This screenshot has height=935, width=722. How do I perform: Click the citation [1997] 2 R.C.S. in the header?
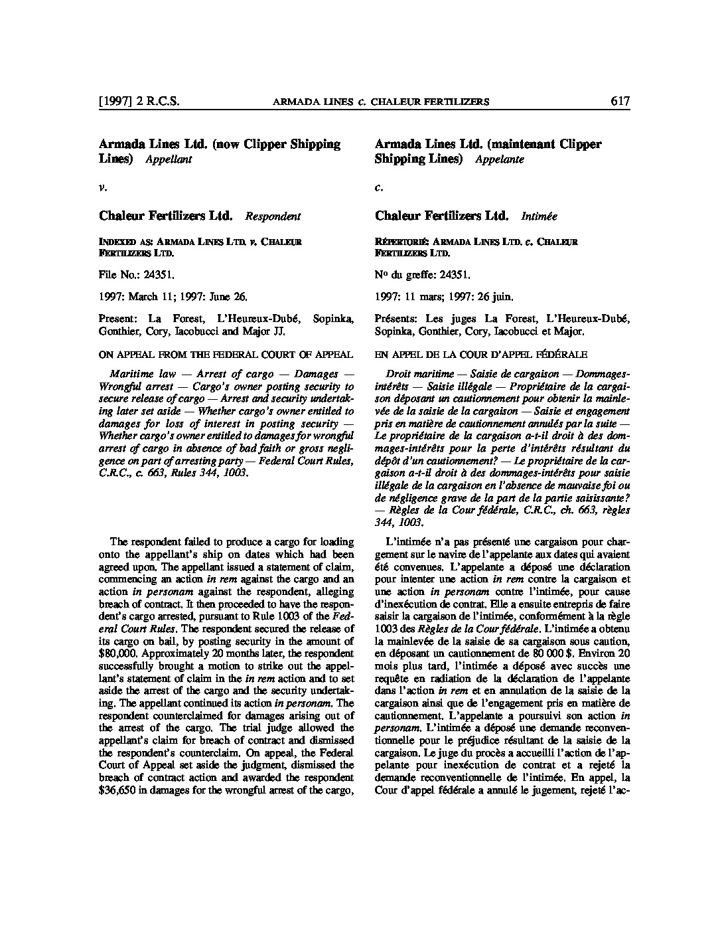tap(139, 102)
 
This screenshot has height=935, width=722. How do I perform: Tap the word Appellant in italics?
tap(169, 159)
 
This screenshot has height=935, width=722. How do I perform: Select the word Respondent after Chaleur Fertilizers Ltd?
tap(273, 216)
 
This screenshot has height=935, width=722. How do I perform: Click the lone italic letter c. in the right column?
tap(378, 188)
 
